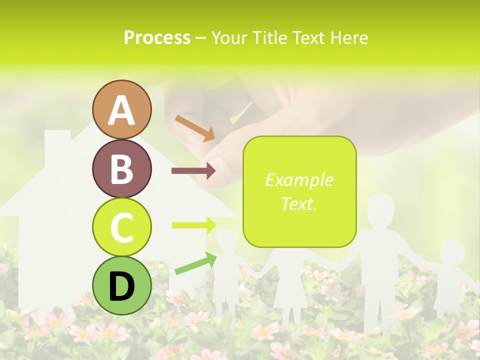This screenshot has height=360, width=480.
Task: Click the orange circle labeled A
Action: pos(121,110)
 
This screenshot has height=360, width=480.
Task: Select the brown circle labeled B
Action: pos(121,168)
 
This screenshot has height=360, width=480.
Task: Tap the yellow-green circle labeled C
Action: pos(121,227)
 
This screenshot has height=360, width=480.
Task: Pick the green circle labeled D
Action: pos(121,285)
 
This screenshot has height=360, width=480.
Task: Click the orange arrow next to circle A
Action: pos(194,128)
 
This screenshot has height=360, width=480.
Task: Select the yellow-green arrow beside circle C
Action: pos(193,225)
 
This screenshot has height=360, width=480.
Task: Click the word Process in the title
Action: pos(157,37)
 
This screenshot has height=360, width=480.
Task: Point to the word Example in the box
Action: pos(299,180)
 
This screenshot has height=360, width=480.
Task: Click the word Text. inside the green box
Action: pos(299,203)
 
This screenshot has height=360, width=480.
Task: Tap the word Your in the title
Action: pos(227,37)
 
